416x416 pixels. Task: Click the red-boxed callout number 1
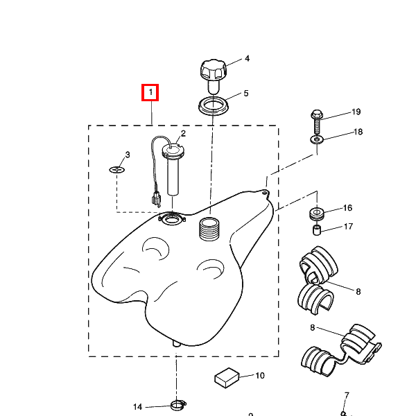150,92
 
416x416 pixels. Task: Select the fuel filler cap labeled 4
214,76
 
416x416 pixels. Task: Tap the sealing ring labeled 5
214,106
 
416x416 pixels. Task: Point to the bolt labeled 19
317,123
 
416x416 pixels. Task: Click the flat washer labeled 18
317,139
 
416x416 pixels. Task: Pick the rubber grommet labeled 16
317,214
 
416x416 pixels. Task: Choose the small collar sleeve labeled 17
317,229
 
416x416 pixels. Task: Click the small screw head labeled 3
117,169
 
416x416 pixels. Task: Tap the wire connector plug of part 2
156,199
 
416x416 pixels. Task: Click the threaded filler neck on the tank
209,229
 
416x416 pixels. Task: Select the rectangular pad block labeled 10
227,378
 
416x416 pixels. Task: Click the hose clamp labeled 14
178,405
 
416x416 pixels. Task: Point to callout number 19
356,112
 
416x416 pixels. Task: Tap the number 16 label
347,208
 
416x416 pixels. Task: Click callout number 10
260,375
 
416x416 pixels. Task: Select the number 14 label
137,407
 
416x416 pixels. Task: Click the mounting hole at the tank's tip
264,192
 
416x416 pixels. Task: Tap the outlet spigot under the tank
176,344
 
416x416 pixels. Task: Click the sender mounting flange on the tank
172,219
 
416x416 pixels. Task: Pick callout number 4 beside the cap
247,58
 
